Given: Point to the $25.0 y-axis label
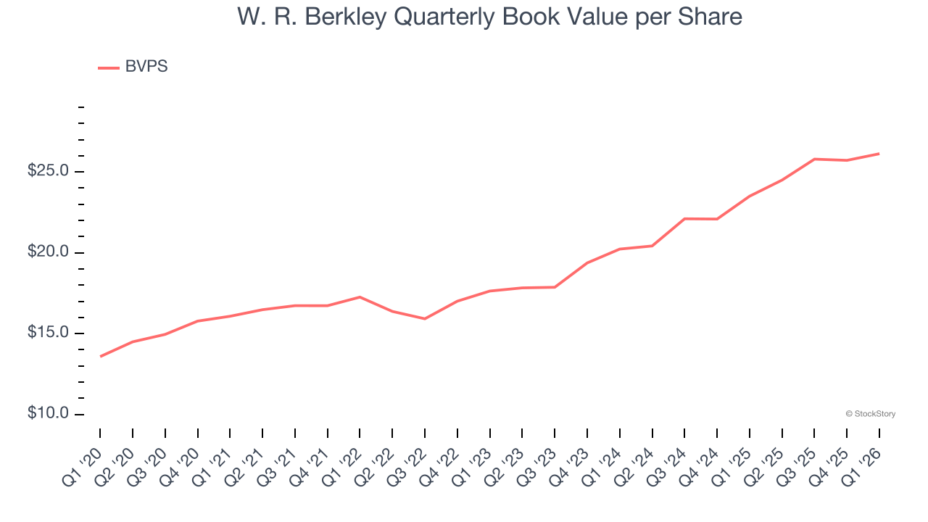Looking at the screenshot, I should point(48,171).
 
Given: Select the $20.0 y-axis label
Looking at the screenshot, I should point(48,252).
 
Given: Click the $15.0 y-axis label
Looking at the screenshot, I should point(48,333).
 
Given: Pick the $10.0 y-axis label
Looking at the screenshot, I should point(48,413).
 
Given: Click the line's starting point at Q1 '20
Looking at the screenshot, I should point(100,356).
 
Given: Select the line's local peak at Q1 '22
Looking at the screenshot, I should point(360,297).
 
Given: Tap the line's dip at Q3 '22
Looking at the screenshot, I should point(425,318).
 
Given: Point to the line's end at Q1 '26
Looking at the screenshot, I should point(879,154).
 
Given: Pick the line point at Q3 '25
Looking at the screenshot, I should point(814,159).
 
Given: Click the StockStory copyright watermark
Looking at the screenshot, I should point(870,414).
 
